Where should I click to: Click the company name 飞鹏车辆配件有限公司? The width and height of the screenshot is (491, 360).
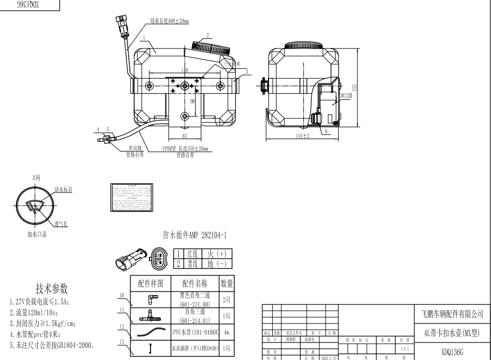452,314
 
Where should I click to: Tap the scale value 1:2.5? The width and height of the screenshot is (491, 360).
404,347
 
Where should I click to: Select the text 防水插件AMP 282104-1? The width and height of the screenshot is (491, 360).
195,235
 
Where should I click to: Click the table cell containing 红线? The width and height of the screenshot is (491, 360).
192,254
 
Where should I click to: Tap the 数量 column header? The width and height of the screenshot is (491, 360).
227,283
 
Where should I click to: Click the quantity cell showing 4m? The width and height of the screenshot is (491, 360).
227,332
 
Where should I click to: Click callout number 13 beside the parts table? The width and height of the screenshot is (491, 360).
122,342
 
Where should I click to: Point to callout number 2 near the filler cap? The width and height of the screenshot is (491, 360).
207,34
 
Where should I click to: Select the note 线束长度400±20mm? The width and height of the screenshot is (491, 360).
170,21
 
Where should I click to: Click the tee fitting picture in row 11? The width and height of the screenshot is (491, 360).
150,315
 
